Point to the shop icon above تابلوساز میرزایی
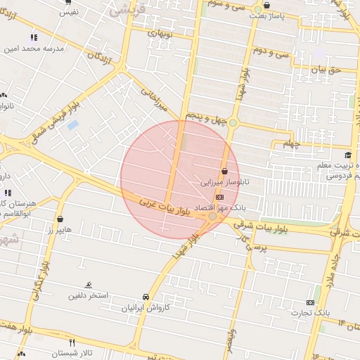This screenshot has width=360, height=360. pos(224,171)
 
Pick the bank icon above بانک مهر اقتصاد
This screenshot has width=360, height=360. pos(219,198)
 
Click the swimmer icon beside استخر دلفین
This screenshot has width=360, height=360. pos(88,285)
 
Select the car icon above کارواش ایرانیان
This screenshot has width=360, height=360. pos(146,297)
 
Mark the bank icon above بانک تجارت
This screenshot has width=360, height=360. pos(311,301)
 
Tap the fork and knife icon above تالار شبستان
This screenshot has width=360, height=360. pos(72,342)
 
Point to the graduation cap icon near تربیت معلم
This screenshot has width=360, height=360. pos(347,155)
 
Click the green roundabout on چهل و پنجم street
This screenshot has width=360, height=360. pos(233,123)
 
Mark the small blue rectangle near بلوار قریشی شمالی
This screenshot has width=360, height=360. pos(72,125)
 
